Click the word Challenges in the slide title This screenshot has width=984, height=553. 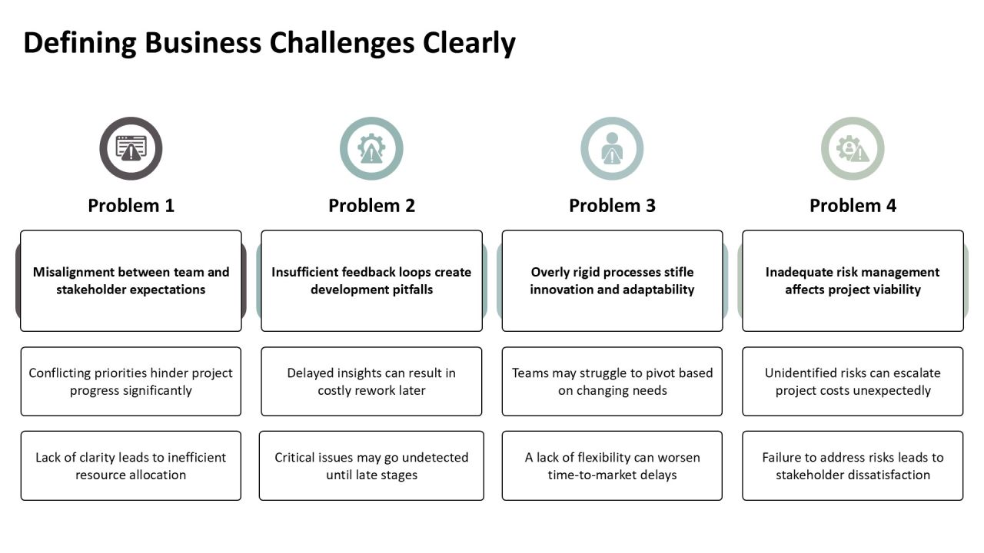click(x=342, y=43)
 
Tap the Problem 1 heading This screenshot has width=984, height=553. click(x=131, y=205)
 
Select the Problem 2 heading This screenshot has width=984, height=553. click(x=371, y=205)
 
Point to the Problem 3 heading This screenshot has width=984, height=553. click(x=613, y=205)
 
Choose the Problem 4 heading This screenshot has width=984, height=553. click(x=853, y=205)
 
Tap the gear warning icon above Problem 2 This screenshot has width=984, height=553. click(x=371, y=148)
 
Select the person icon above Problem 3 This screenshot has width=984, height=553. click(x=613, y=148)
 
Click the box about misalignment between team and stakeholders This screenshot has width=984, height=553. click(x=131, y=281)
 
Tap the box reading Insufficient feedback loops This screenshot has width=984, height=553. click(x=371, y=281)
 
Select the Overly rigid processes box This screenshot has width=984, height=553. click(x=613, y=281)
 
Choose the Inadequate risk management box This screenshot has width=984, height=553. click(x=853, y=281)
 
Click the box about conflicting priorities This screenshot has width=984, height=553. click(x=131, y=382)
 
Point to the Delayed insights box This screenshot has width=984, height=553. click(x=371, y=382)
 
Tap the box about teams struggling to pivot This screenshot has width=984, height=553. click(x=613, y=382)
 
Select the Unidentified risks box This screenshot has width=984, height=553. click(x=853, y=382)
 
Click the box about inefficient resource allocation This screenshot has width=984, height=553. click(x=131, y=465)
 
